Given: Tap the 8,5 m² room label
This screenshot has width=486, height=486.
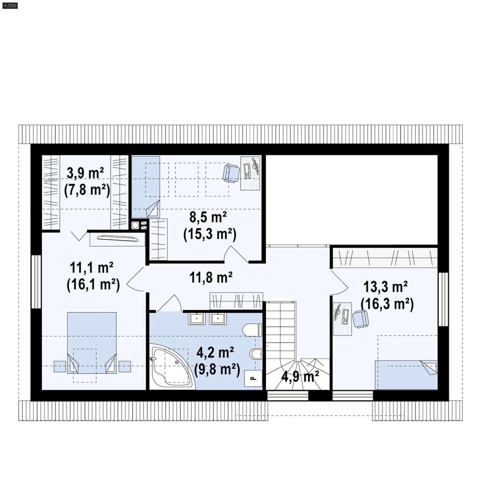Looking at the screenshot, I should tap(208, 217).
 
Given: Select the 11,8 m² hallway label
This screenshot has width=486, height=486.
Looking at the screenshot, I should tap(211, 277).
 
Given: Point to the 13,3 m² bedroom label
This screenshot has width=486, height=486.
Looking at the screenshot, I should tap(385, 286).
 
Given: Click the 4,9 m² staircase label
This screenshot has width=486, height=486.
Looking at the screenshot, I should tap(300, 377).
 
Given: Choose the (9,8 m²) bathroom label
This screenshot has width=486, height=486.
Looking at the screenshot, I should tap(217, 370).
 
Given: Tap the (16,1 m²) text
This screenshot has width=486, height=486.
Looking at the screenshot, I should tap(93, 285).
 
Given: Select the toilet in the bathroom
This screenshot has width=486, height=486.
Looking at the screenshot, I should tap(252, 330).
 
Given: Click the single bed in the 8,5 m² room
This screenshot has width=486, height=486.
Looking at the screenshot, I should tap(145, 187).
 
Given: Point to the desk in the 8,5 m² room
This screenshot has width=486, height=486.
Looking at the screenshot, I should tap(250, 173).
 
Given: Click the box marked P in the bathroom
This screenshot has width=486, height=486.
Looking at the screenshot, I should tap(253, 378).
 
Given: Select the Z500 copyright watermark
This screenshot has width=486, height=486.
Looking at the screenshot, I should tap(10, 5).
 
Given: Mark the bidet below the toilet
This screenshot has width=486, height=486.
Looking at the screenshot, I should tap(256, 354).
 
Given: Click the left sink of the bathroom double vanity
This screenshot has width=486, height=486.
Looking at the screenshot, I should tap(197, 319).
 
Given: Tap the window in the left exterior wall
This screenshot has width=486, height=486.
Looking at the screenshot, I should tap(36, 282).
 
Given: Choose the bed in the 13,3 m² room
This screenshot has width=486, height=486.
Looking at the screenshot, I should tap(406, 375).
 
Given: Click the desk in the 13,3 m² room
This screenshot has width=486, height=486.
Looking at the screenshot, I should tap(342, 319).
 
